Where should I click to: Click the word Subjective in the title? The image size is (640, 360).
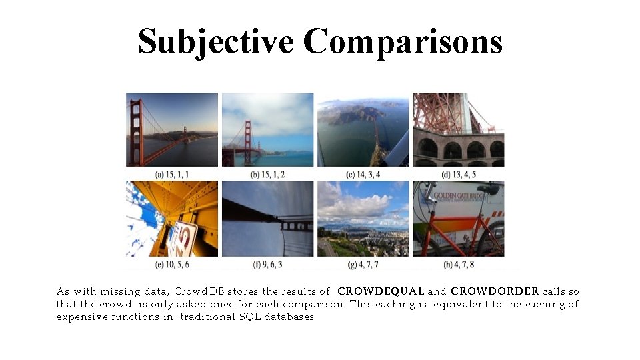215,41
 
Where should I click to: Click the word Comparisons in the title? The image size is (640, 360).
402,41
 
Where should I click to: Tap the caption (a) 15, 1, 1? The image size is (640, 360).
172,174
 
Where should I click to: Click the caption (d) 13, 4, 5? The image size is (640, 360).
459,174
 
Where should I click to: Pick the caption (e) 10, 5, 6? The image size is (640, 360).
172,265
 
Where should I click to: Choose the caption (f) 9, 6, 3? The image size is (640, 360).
266,265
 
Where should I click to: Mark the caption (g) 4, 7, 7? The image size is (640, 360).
362,265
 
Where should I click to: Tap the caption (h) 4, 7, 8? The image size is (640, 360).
459,265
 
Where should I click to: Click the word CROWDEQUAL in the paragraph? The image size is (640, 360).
381,291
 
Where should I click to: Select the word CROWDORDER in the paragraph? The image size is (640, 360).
494,291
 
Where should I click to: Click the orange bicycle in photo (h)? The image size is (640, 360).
453,230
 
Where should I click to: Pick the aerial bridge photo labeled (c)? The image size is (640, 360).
363,129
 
